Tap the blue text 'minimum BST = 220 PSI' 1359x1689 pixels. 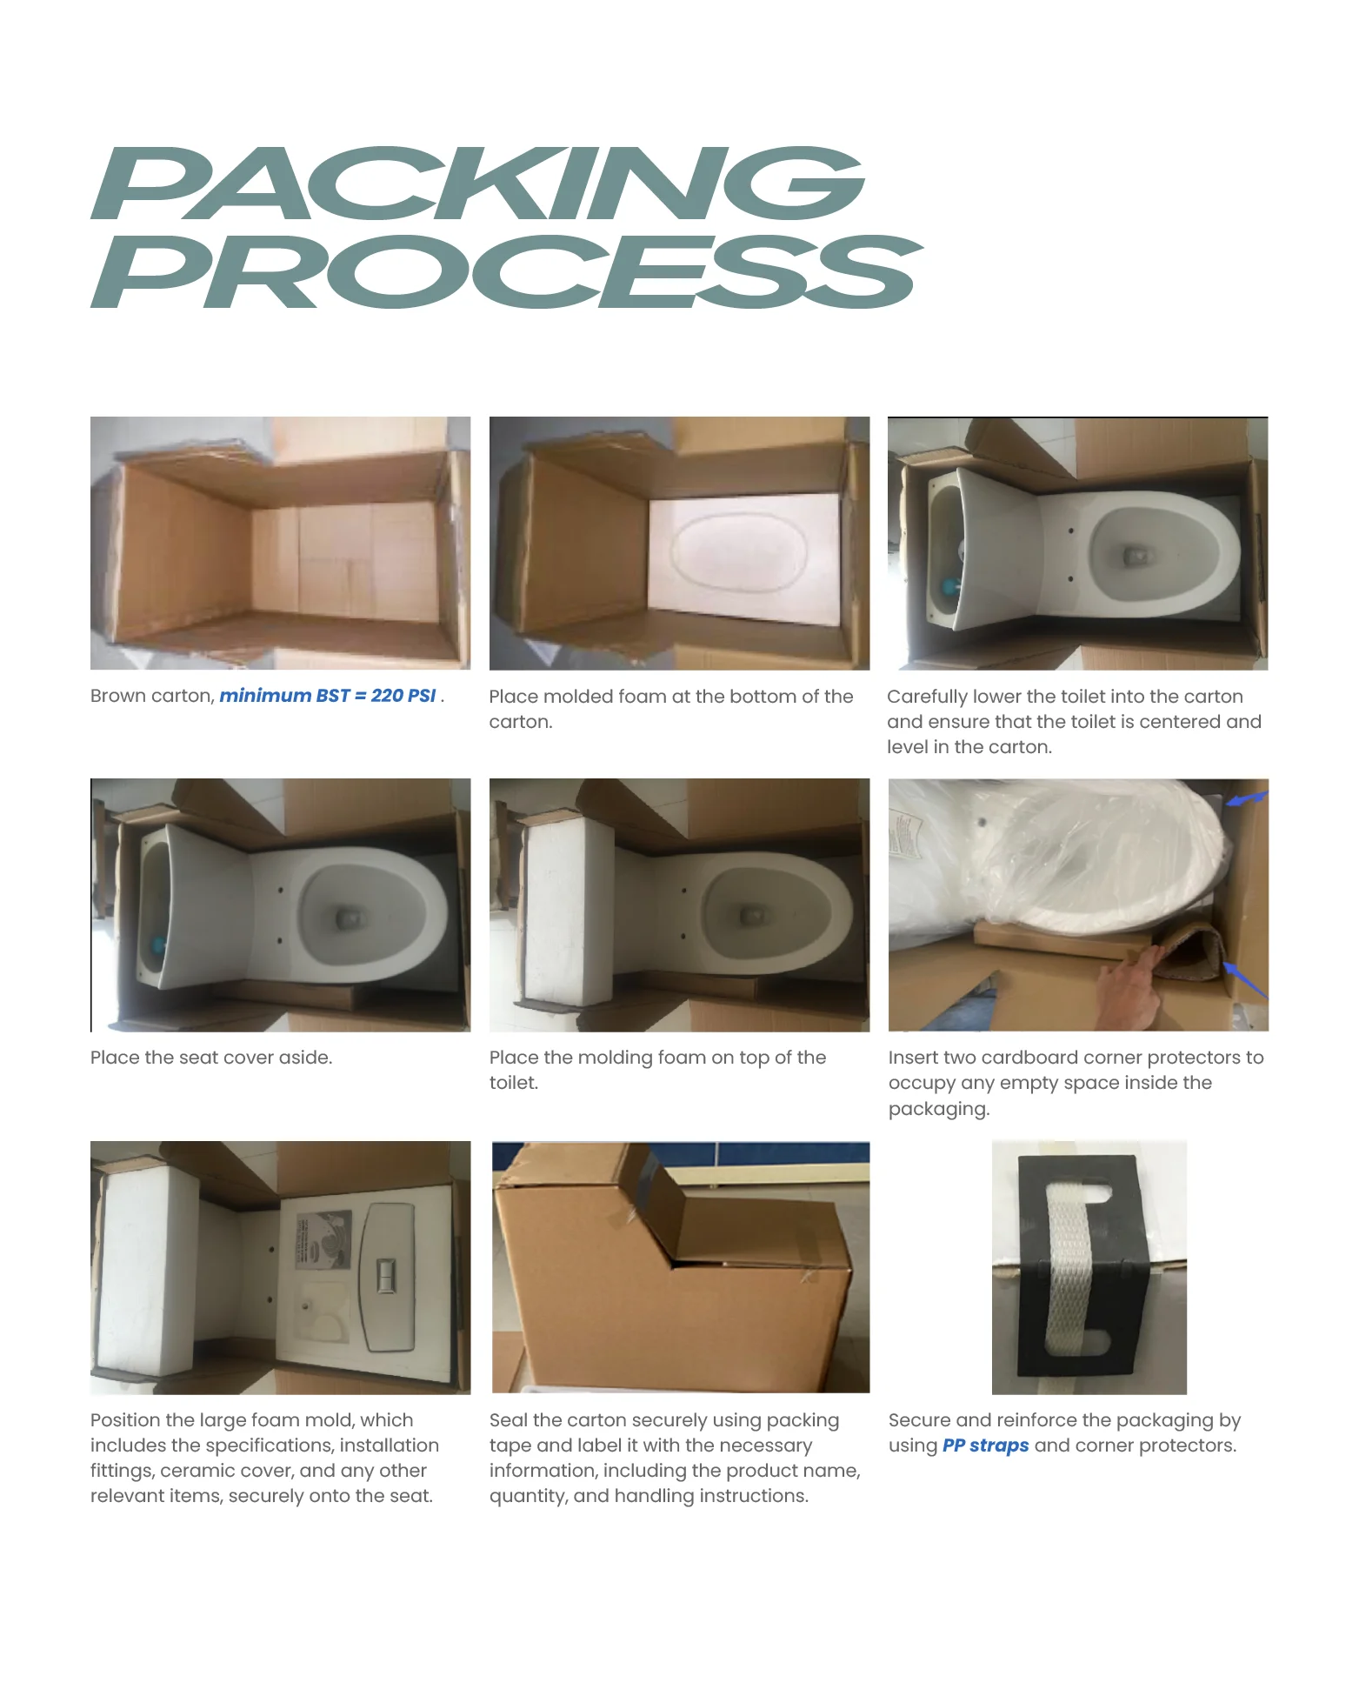pyautogui.click(x=327, y=696)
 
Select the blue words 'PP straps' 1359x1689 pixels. pyautogui.click(x=984, y=1445)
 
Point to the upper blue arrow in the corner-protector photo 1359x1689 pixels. pyautogui.click(x=1245, y=798)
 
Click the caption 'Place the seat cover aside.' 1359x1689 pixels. pyautogui.click(x=211, y=1058)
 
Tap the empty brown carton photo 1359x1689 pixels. pyautogui.click(x=280, y=544)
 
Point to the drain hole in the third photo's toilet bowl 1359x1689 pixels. pyautogui.click(x=1134, y=554)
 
